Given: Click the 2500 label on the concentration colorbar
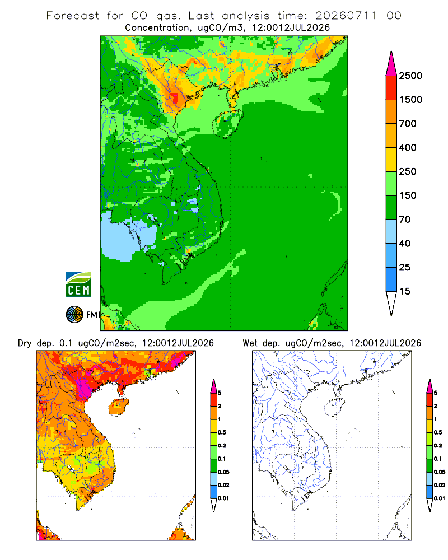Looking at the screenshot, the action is [x=410, y=76].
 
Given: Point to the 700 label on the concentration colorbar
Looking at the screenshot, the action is [x=408, y=124].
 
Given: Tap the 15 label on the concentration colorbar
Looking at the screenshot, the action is [x=405, y=291].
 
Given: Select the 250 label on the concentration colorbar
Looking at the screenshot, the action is [x=408, y=171].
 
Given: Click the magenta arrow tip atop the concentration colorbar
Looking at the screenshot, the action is [x=391, y=64].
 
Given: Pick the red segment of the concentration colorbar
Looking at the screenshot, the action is [x=391, y=88].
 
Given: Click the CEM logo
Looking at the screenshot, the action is [x=78, y=284].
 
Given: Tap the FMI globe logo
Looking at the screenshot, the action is [x=74, y=315].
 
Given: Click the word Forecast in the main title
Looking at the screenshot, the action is [x=73, y=16].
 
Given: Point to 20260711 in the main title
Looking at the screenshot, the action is [x=346, y=16].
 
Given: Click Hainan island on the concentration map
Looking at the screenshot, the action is [x=227, y=124].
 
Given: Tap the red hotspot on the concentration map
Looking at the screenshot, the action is [x=174, y=97].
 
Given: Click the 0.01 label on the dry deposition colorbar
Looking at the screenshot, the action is [x=223, y=498].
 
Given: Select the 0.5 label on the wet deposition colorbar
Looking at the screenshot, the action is [x=438, y=432].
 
